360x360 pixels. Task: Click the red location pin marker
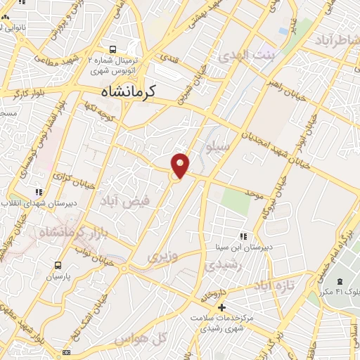coord(181,165)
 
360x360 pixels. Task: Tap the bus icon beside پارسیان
coord(58,266)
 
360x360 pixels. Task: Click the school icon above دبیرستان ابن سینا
coord(243,236)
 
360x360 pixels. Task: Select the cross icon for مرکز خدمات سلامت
coord(221,307)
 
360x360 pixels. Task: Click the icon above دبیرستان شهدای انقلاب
coord(37,191)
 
